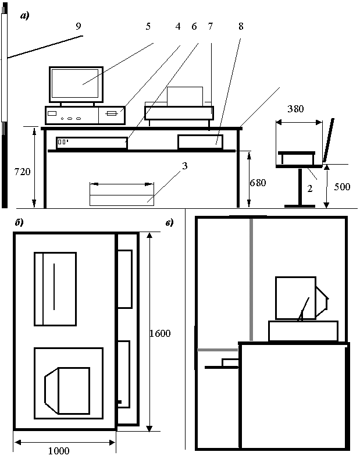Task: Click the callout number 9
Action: (79, 26)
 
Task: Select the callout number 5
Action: (148, 26)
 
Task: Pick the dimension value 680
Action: (258, 183)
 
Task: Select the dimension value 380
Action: (298, 109)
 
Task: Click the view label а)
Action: (24, 16)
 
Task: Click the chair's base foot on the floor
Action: (300, 205)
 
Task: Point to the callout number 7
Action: (210, 26)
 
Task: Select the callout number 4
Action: (177, 26)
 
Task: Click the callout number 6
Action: (194, 26)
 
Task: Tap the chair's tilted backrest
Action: (329, 140)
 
